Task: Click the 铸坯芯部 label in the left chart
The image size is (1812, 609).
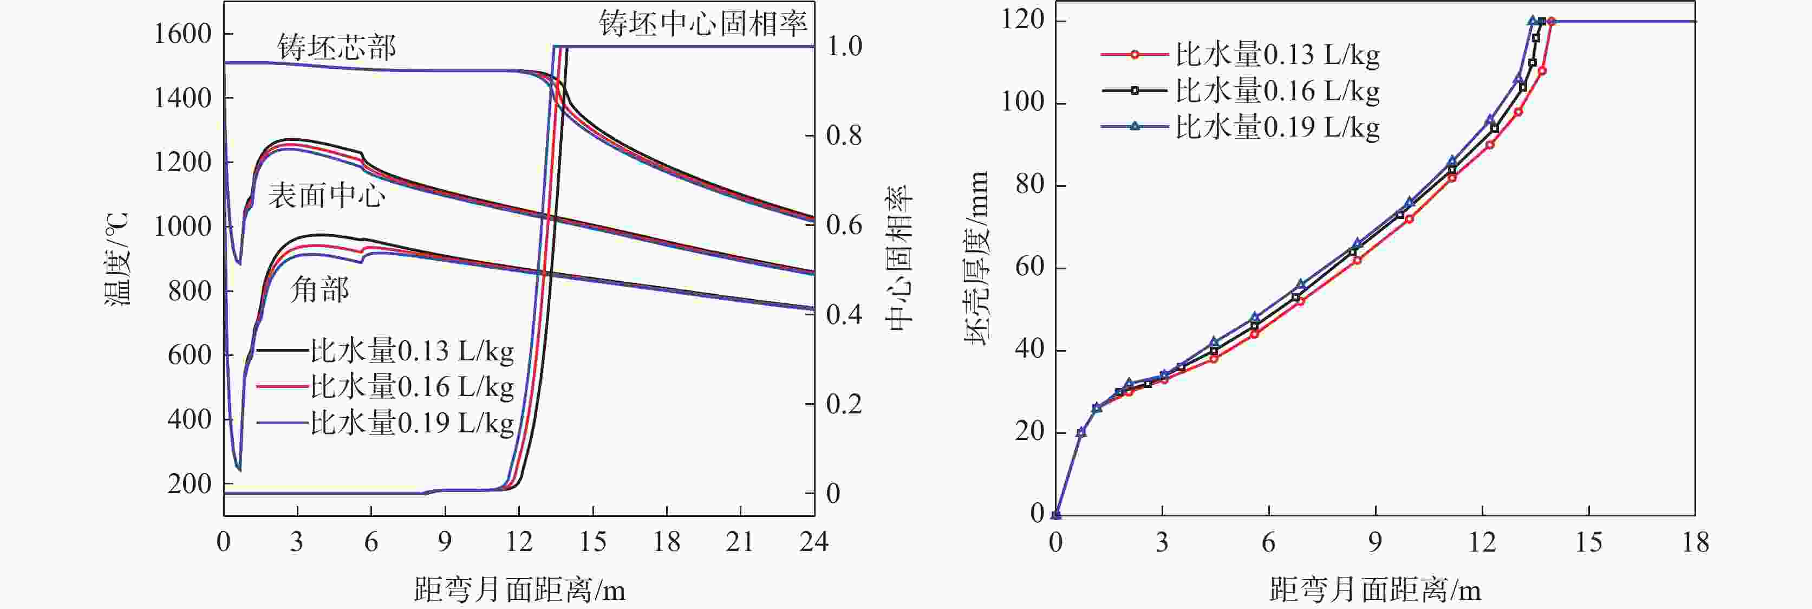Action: click(337, 47)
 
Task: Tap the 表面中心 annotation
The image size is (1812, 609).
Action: click(327, 195)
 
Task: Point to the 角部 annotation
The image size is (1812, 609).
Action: click(320, 289)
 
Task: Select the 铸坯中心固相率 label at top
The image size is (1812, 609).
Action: click(703, 24)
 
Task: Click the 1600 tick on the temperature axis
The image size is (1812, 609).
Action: click(182, 34)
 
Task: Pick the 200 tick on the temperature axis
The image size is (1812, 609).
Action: click(189, 484)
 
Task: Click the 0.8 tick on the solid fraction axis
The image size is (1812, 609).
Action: click(844, 135)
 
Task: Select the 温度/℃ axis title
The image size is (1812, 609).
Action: click(118, 259)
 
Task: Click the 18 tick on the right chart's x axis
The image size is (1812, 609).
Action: click(1695, 542)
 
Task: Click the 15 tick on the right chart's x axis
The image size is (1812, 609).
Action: click(1588, 542)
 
